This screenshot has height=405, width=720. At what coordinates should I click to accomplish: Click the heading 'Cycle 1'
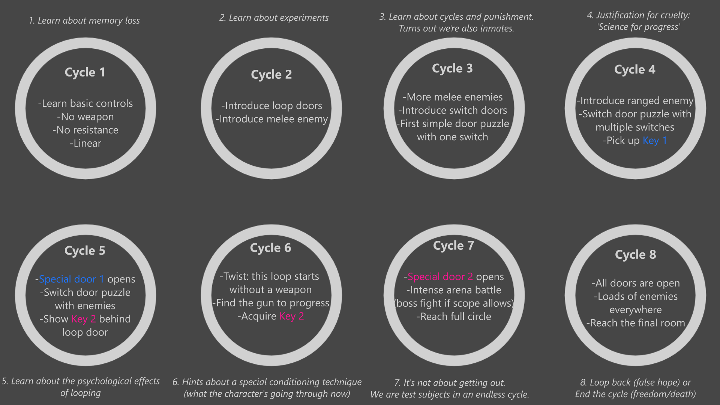(85, 72)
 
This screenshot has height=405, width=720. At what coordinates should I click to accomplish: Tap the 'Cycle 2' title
(271, 74)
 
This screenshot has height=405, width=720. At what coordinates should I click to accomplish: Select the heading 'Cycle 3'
(452, 68)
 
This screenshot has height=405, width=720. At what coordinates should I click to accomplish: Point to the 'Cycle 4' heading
(635, 69)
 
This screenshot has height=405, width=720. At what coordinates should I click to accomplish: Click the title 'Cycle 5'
(85, 250)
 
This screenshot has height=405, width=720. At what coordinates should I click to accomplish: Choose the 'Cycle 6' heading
(271, 248)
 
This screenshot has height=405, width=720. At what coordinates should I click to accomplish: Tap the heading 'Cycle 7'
(454, 246)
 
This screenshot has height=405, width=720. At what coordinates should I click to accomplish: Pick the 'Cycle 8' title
(636, 255)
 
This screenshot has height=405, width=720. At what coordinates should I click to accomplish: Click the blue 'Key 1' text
(655, 141)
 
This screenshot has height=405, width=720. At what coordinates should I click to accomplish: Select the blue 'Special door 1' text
(71, 279)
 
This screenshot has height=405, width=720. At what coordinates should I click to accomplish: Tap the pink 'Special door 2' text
(440, 277)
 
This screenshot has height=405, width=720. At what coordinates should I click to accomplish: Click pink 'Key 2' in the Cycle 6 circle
(292, 316)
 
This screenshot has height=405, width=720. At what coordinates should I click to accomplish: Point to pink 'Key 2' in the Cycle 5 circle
(84, 319)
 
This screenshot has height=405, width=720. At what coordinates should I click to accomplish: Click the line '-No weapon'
(85, 117)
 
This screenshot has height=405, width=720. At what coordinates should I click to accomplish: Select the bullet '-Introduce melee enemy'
(272, 119)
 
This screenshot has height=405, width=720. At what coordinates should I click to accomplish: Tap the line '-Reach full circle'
(454, 316)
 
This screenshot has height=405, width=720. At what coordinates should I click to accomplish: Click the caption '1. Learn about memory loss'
(84, 21)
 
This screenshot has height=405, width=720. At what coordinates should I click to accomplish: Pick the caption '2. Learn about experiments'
(274, 18)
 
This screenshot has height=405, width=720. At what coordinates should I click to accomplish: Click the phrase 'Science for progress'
(639, 27)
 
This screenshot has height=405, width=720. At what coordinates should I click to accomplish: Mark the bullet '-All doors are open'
(636, 283)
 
